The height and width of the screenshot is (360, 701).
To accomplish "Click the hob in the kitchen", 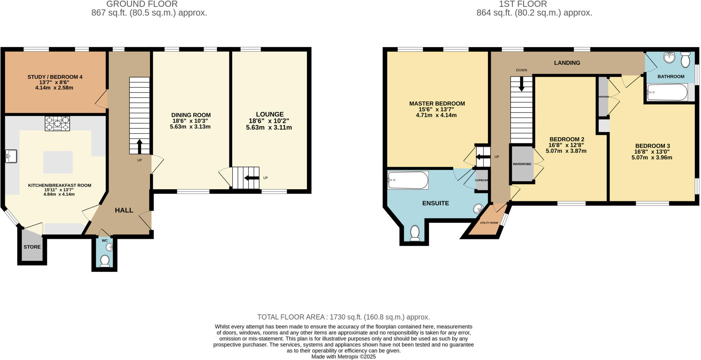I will click(x=57, y=124).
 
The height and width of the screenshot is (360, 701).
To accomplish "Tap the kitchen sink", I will click(x=11, y=156).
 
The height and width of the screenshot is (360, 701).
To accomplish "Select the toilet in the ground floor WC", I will click(x=105, y=261).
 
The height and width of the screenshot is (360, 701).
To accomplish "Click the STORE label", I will click(x=32, y=247).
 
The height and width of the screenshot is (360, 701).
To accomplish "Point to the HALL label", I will click(x=124, y=210).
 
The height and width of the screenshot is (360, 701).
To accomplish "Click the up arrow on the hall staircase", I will click(x=139, y=146).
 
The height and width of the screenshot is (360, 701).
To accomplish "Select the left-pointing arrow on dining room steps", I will click(x=252, y=178).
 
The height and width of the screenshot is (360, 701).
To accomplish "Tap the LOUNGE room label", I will click(x=270, y=114).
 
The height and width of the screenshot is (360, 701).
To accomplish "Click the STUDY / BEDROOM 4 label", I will click(x=55, y=77).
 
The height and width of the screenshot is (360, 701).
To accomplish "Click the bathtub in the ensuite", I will click(x=408, y=180).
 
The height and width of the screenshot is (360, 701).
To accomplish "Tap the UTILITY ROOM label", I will click(x=489, y=223).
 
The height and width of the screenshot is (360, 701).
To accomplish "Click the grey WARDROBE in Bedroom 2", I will click(x=522, y=164).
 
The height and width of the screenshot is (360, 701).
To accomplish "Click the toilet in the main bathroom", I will click(x=685, y=60).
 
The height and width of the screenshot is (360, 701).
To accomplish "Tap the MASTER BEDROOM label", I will click(x=437, y=103).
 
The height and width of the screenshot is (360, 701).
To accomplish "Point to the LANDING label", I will click(x=567, y=63).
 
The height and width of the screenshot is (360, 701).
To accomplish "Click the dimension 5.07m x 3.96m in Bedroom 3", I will click(x=652, y=158).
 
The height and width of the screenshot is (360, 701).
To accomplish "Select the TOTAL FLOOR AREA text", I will click(x=343, y=317).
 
